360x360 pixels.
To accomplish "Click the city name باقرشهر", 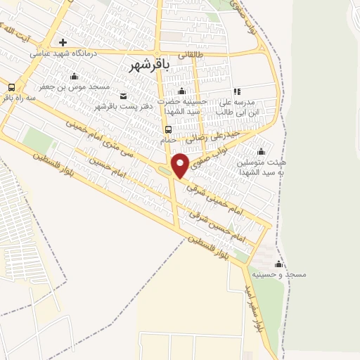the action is coord(152,65).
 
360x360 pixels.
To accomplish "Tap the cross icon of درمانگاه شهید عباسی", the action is coord(63,42).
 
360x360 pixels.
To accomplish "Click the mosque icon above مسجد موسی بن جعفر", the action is coord(75,76).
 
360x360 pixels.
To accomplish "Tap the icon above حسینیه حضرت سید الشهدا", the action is coord(181,91).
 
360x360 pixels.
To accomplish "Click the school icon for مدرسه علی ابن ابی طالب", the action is coord(237,91).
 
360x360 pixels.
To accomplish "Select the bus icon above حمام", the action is coord(168,129).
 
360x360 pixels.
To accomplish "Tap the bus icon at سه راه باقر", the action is coord(11,87).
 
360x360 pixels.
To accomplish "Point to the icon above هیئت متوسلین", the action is coord(262,151).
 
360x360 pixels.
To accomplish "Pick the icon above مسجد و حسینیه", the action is coord(279,264).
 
